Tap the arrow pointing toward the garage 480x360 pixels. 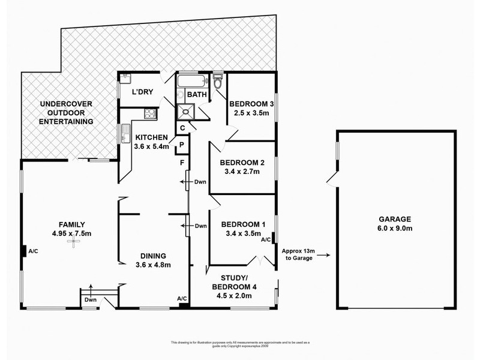click(324, 255)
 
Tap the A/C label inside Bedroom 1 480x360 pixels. click(266, 239)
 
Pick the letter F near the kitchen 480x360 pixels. click(181, 161)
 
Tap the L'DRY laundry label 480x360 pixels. click(143, 92)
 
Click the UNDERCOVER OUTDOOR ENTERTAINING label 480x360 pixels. click(67, 112)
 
